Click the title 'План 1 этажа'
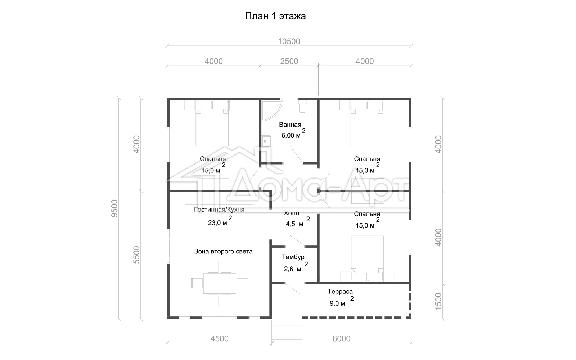point(275,16)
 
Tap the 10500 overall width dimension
point(289,41)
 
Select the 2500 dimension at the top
point(289,61)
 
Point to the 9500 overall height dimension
point(114,208)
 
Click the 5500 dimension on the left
point(136,255)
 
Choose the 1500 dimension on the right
point(438,301)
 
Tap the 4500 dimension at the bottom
point(219,339)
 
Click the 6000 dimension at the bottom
point(342,339)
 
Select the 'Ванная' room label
point(290,125)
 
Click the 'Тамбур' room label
point(293,257)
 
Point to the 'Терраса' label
point(340,292)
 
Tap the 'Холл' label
point(292,213)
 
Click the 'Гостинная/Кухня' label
point(219,210)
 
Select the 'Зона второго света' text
point(224,252)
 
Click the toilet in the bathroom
point(303,106)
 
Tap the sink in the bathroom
point(266,141)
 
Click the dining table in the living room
point(220,283)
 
